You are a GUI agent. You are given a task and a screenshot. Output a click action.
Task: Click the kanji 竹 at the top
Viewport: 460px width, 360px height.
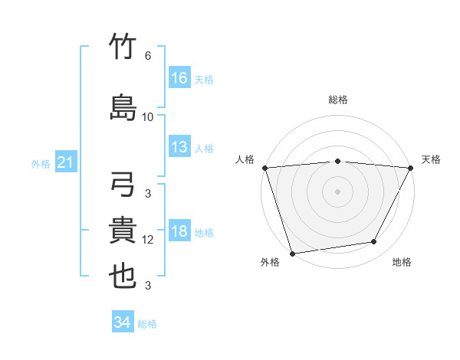click(123, 47)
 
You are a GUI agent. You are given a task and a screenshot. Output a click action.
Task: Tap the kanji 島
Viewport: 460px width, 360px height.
click(123, 107)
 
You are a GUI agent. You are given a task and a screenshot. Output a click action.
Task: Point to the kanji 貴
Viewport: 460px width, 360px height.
click(123, 231)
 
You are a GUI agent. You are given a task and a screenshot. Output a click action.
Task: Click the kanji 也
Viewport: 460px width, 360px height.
click(123, 277)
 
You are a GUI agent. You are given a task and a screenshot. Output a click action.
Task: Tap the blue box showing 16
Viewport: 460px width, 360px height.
click(179, 78)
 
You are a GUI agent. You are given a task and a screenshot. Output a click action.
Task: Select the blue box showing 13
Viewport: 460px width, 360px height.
click(179, 147)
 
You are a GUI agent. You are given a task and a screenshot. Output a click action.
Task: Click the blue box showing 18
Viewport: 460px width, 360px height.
click(179, 232)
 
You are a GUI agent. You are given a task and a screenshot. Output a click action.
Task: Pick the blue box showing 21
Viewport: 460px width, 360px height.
click(66, 162)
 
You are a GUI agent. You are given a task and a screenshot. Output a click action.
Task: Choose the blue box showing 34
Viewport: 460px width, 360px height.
click(123, 323)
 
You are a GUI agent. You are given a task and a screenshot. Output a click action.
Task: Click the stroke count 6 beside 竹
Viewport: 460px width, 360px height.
click(148, 56)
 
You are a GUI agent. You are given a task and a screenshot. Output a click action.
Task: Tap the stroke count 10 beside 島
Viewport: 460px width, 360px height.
click(148, 116)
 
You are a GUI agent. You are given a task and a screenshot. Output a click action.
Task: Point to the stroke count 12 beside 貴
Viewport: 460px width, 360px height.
click(148, 240)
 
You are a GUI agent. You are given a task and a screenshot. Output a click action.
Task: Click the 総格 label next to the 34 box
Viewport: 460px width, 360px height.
click(148, 324)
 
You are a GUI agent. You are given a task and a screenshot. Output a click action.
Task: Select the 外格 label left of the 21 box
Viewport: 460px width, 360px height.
click(41, 163)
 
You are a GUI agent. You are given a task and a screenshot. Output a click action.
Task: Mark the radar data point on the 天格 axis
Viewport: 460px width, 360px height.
click(411, 168)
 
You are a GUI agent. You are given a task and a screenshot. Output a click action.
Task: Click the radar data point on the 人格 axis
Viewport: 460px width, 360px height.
click(264, 168)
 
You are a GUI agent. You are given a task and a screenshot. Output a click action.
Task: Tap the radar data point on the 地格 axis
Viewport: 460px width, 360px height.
click(374, 242)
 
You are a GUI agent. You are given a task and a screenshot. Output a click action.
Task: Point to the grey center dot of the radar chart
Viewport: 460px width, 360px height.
click(338, 191)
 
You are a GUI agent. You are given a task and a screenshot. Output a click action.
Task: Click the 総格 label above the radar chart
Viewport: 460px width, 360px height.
click(338, 100)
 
